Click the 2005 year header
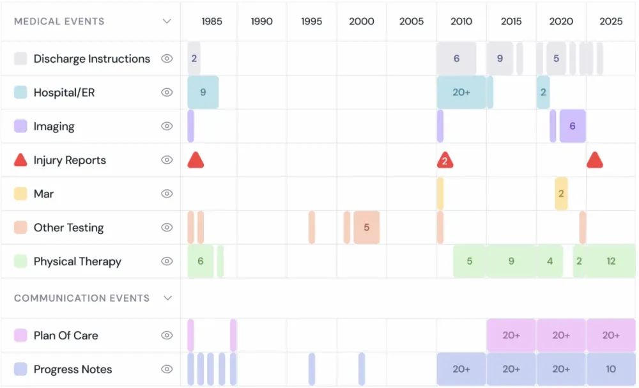[x=412, y=21]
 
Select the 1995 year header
[x=311, y=21]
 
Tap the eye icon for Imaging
[x=167, y=126]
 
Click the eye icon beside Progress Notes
[x=167, y=369]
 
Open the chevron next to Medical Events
[x=167, y=21]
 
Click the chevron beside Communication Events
[x=167, y=298]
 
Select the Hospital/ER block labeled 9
[x=203, y=92]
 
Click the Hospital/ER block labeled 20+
[x=461, y=92]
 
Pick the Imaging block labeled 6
[x=573, y=126]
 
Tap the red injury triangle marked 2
[x=445, y=160]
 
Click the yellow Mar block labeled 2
[x=561, y=194]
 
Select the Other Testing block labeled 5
[x=366, y=228]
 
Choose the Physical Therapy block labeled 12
[x=611, y=261]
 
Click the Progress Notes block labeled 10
[x=611, y=369]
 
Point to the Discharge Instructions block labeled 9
[x=500, y=58]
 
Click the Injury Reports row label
[x=70, y=160]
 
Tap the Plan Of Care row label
[x=66, y=335]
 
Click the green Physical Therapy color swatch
[x=20, y=261]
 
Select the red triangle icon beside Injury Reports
[x=20, y=160]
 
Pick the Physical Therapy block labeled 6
[x=201, y=261]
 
